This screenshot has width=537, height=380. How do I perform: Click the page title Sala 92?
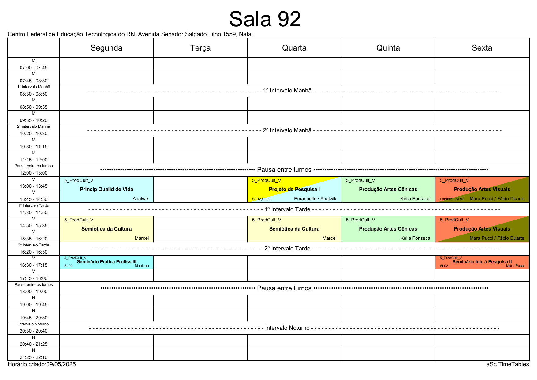point(265,19)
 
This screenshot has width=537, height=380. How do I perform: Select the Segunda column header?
point(106,48)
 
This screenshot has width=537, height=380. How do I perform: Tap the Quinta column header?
point(388,48)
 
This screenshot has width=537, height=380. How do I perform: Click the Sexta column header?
point(482,48)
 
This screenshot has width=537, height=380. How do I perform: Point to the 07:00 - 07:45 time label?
point(34,68)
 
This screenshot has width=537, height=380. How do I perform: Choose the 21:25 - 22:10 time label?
point(34,357)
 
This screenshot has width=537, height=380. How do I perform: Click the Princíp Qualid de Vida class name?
point(106,189)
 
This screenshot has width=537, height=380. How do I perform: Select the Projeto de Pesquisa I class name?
point(294,189)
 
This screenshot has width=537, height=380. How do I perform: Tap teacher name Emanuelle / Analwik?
point(315,199)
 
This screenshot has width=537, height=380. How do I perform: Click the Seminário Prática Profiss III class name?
point(106,262)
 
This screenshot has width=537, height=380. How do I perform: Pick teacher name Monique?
point(142,266)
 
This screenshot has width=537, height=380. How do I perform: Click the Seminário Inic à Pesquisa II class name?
point(482,262)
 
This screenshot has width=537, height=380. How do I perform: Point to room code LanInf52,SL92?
point(452,199)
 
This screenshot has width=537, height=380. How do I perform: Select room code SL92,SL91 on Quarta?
point(261,199)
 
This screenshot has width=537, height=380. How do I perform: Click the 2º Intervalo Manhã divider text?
point(287,130)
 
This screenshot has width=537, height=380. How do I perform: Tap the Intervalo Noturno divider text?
point(287,328)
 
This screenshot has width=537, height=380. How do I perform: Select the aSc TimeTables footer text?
point(508,364)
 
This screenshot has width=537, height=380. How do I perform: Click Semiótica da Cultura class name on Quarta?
point(294,229)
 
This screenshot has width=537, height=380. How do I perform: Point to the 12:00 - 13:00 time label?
point(34,173)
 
